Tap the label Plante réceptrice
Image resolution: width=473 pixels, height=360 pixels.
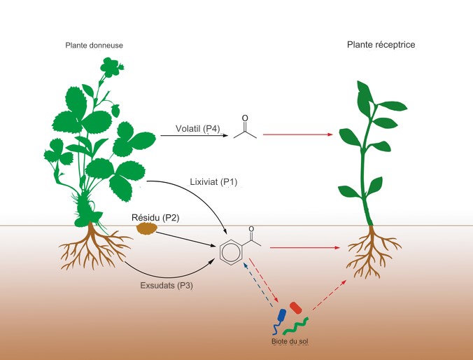tap(381, 45)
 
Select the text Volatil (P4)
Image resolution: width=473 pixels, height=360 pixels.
tap(198, 129)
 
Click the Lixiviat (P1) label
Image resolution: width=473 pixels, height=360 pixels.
tap(214, 182)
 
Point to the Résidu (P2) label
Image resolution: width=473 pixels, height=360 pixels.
tap(155, 218)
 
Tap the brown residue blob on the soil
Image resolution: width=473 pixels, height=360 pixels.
tap(147, 228)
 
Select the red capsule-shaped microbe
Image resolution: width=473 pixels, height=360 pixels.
tap(296, 308)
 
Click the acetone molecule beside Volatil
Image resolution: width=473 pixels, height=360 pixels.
tap(245, 130)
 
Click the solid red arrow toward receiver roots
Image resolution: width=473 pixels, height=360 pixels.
tap(308, 247)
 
